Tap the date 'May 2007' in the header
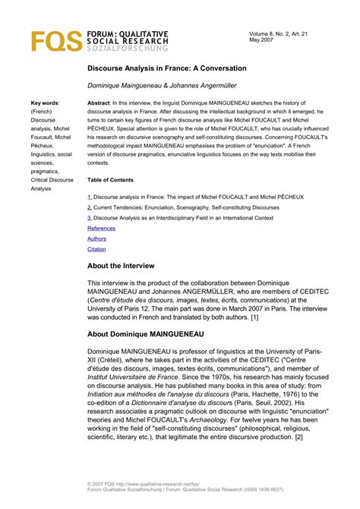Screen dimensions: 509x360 pos(261,43)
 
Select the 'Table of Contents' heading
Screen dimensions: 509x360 pos(115,180)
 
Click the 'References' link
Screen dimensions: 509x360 pos(102,228)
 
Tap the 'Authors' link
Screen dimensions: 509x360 pos(97,239)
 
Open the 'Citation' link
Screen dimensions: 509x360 pos(97,249)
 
